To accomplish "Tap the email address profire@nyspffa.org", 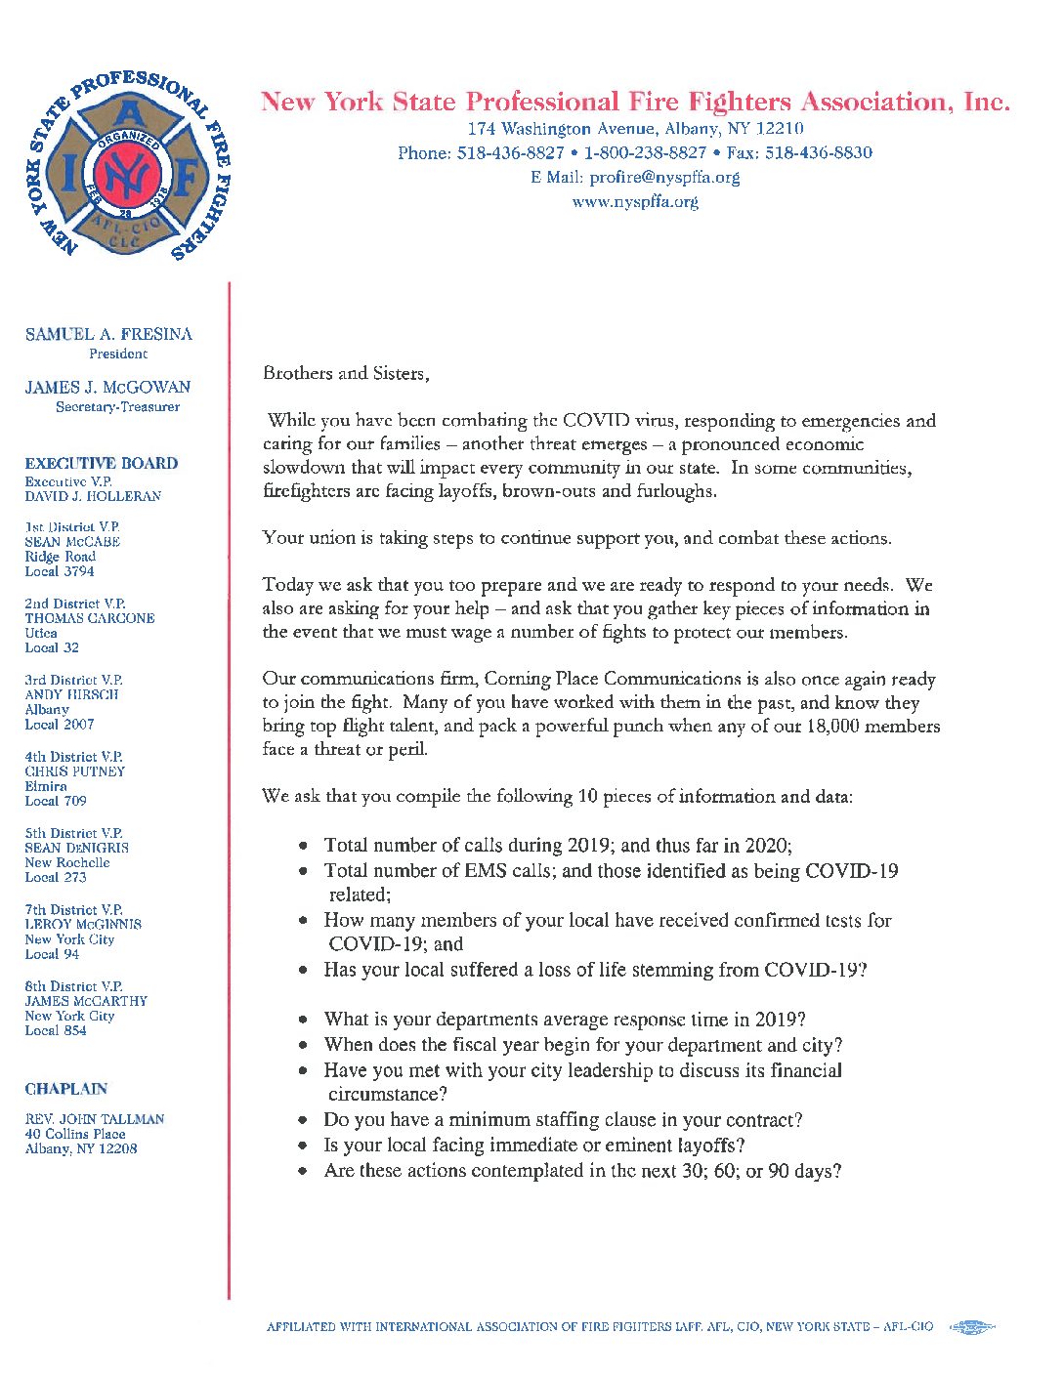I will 664,178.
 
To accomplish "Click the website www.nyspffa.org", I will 635,202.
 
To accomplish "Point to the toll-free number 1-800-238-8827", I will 645,153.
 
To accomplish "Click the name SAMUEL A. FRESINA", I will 108,334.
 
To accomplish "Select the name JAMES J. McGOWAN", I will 107,388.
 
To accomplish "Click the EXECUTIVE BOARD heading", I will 102,464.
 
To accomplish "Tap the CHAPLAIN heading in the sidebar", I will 66,1089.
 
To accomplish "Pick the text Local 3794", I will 60,571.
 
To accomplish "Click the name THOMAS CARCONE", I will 90,618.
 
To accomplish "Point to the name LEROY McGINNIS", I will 83,924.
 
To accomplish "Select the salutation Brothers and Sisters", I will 346,373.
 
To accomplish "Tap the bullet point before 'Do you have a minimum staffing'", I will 304,1121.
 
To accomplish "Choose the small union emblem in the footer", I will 971,1327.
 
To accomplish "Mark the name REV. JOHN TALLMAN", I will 95,1119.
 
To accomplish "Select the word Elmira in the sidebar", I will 46,786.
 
